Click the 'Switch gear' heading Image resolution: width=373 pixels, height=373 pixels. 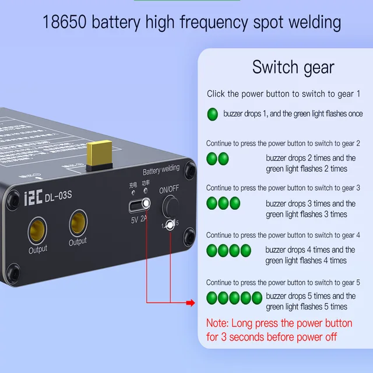pos(293,67)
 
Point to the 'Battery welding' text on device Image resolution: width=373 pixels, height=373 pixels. pos(161,170)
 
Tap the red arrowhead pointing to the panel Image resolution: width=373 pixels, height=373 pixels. pos(190,302)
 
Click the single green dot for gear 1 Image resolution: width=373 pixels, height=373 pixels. pos(212,113)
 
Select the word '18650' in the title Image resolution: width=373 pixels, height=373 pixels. pos(65,23)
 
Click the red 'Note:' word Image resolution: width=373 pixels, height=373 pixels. pos(218,323)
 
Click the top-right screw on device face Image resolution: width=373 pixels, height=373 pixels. pos(191,169)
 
